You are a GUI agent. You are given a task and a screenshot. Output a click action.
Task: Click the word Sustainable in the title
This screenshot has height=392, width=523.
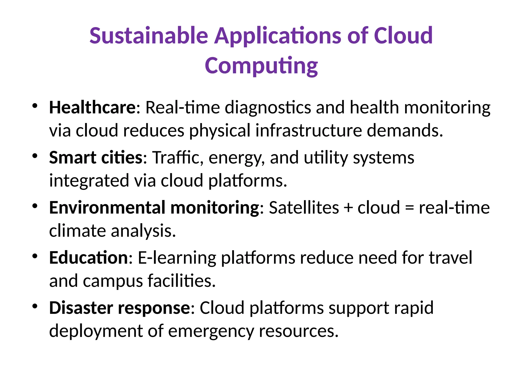[x=149, y=35]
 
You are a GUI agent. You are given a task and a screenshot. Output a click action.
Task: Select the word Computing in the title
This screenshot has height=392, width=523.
[x=261, y=66]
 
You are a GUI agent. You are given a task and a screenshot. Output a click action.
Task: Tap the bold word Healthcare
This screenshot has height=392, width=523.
[x=93, y=107]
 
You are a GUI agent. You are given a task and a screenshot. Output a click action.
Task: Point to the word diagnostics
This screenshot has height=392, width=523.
[x=268, y=107]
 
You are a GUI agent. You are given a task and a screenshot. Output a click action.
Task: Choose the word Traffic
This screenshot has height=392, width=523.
[x=176, y=157]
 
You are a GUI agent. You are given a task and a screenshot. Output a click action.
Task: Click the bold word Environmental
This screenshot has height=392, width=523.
[x=107, y=207]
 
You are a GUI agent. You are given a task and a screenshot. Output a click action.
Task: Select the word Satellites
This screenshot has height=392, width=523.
[x=304, y=207]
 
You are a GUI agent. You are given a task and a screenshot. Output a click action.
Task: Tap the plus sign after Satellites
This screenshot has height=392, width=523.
[x=348, y=208]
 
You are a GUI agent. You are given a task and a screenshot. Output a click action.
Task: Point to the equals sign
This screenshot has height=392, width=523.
[x=409, y=208]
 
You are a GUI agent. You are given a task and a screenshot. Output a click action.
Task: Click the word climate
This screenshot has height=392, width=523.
[x=77, y=231]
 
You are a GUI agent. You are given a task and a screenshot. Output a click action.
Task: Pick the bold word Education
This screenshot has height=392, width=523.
[x=88, y=258]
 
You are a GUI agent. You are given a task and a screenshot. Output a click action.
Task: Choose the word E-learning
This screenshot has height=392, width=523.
[x=177, y=258]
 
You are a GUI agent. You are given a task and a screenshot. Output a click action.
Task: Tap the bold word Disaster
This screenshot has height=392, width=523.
[x=81, y=308]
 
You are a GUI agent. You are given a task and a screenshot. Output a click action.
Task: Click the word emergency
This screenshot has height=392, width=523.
[x=211, y=331]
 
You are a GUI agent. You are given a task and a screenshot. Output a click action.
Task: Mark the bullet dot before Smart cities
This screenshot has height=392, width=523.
[x=35, y=156]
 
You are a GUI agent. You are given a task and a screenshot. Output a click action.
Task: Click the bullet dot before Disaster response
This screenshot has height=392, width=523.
[x=35, y=306]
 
